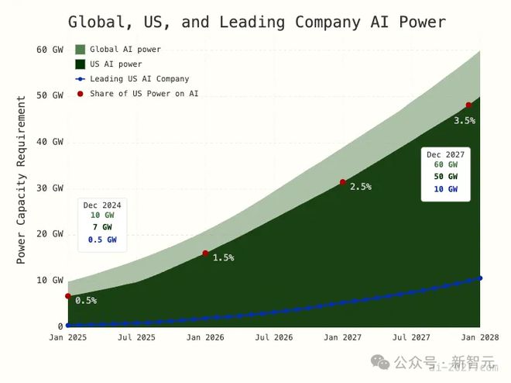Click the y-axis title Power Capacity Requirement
(x=21, y=179)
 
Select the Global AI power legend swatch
(x=80, y=50)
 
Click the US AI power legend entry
(x=116, y=64)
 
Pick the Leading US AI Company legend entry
(x=139, y=78)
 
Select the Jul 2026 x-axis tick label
(x=273, y=338)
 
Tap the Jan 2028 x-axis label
(x=480, y=338)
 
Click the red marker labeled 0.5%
(x=68, y=296)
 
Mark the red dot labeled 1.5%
(x=205, y=254)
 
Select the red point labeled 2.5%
(x=343, y=182)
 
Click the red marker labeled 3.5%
(x=468, y=105)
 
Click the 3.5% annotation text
(x=465, y=120)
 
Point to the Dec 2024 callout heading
(x=102, y=205)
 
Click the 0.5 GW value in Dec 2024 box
(x=102, y=240)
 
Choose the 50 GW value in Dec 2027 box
(x=445, y=176)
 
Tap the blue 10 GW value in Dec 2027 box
(x=445, y=188)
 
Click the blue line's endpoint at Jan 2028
(x=480, y=278)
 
